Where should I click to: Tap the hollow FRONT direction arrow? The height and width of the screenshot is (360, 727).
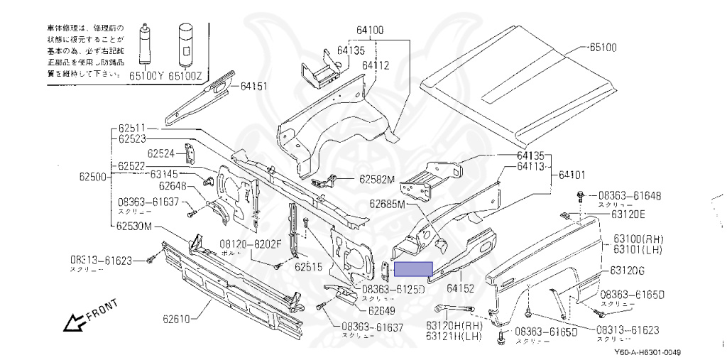click(74, 323)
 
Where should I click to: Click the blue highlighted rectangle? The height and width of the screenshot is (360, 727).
click(413, 268)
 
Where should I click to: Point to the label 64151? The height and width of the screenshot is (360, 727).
click(253, 86)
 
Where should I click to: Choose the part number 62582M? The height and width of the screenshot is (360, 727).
click(376, 180)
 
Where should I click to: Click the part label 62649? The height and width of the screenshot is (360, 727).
click(381, 310)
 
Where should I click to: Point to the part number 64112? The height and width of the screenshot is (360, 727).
click(376, 65)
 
